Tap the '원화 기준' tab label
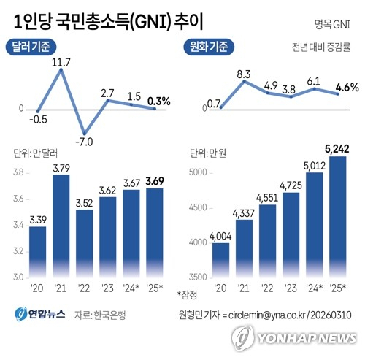[x=208, y=48]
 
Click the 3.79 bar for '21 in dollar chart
[x=61, y=226]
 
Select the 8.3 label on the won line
[x=245, y=74]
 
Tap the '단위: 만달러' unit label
[x=31, y=153]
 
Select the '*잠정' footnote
[x=186, y=294]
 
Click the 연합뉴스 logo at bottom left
[x=40, y=315]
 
